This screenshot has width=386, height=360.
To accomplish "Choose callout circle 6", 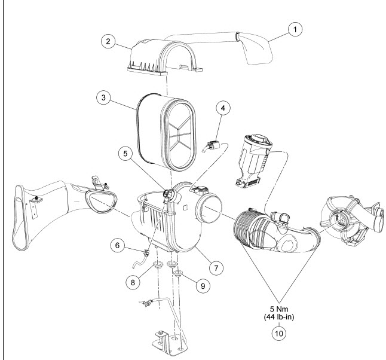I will coord(117,245).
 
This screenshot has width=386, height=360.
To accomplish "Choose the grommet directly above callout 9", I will coord(178,273).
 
